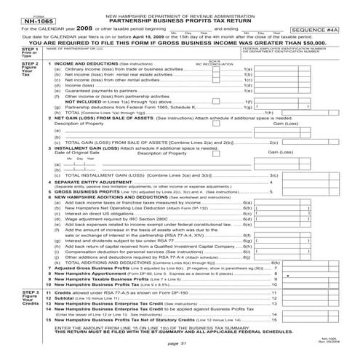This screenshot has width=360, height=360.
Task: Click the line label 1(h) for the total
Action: tap(267, 112)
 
